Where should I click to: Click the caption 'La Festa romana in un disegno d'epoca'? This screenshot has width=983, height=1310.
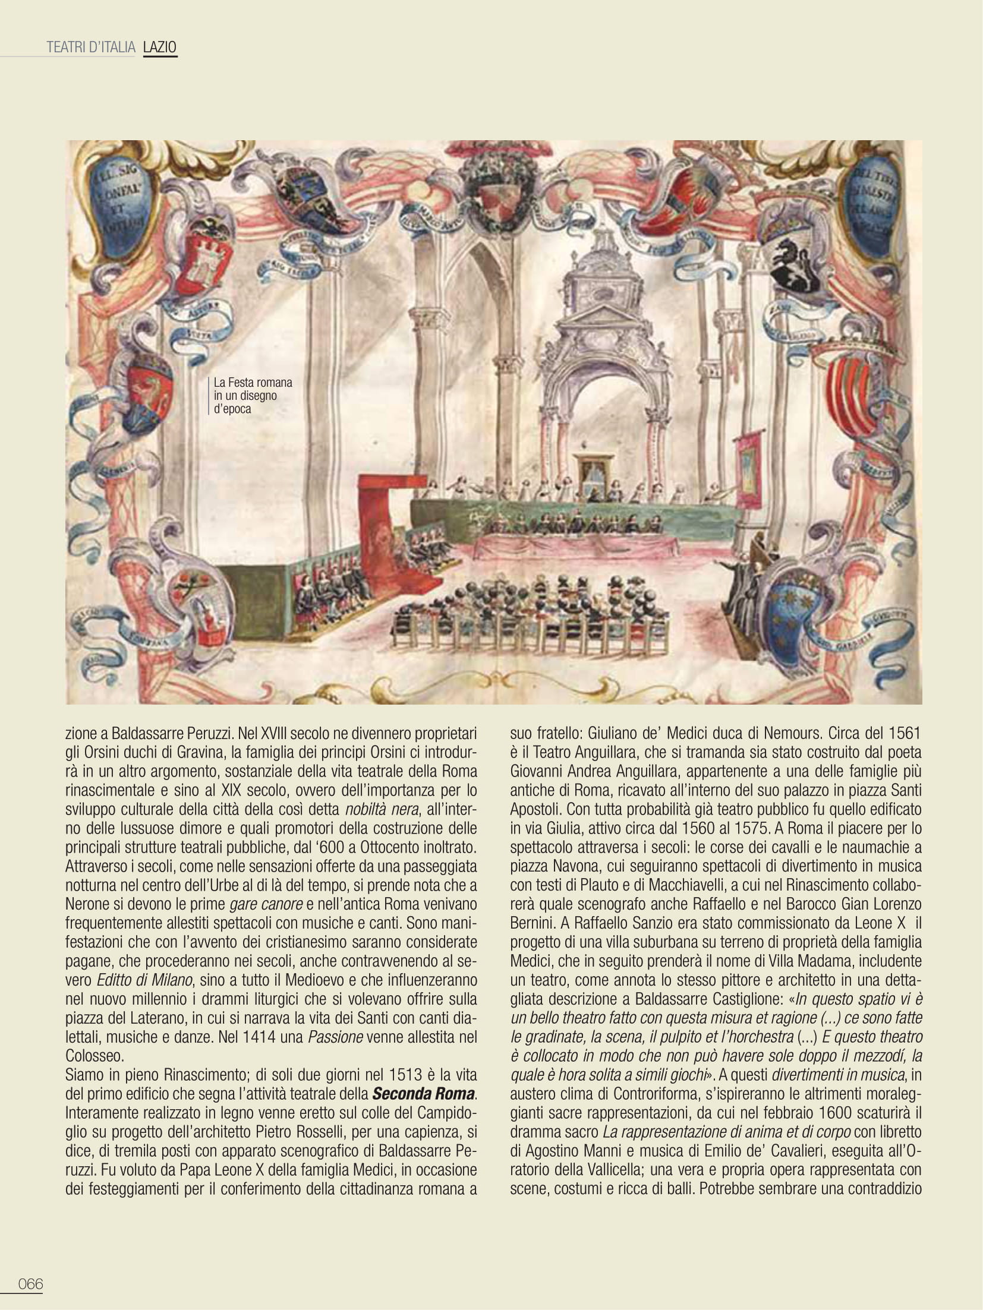(x=253, y=395)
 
